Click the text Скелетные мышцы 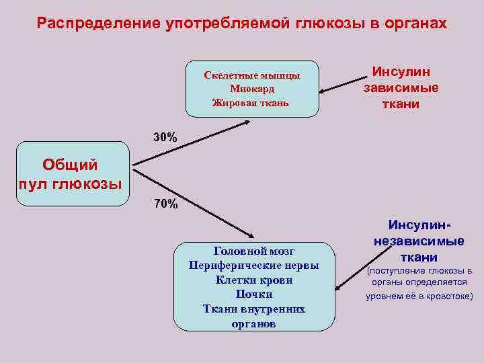(251, 75)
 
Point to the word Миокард (251, 89)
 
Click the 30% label (165, 137)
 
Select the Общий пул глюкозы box (71, 173)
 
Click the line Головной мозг (253, 251)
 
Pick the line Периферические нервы (253, 266)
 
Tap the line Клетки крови (253, 280)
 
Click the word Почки (253, 294)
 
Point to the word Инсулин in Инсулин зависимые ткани (401, 71)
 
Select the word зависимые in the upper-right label (401, 87)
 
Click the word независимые (418, 242)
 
